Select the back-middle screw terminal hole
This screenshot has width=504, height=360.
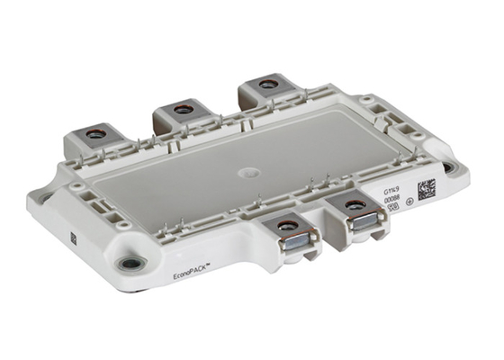[183, 109]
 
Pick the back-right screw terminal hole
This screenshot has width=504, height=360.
[266, 85]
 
